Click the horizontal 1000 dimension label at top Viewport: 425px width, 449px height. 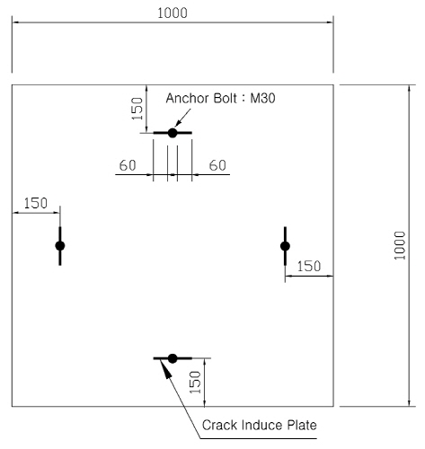click(x=173, y=13)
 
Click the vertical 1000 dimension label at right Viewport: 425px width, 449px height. click(x=400, y=245)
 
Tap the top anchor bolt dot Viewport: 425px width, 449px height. click(x=173, y=133)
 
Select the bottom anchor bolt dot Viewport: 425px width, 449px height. click(x=173, y=358)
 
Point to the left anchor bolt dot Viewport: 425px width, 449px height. click(x=60, y=246)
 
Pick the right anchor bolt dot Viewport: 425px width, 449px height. click(x=285, y=246)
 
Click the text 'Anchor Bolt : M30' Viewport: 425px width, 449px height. click(x=220, y=98)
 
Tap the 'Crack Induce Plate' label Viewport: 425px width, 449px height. click(x=260, y=425)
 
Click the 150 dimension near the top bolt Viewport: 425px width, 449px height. click(x=137, y=109)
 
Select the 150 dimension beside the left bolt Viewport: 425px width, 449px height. click(x=36, y=203)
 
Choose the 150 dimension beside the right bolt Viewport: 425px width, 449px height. click(x=309, y=266)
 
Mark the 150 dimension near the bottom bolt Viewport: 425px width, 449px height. click(x=195, y=382)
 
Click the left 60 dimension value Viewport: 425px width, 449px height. click(x=128, y=165)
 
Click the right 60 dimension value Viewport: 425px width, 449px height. click(x=217, y=165)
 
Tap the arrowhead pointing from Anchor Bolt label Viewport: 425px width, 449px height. click(x=178, y=123)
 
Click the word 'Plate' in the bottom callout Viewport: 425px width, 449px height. click(x=302, y=425)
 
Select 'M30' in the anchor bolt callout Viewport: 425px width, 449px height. click(x=262, y=98)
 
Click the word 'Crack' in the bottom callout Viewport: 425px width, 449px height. click(x=220, y=425)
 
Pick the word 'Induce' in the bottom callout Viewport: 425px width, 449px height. click(x=262, y=425)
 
